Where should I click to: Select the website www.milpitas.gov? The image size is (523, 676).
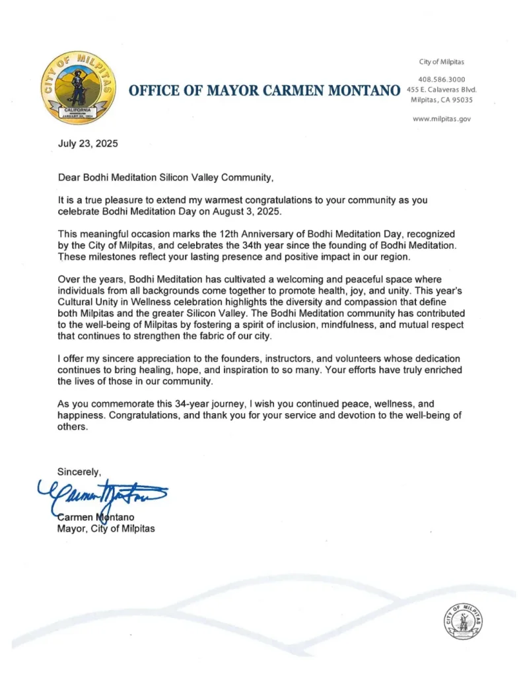coord(441,119)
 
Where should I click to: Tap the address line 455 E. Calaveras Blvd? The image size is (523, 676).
coord(441,90)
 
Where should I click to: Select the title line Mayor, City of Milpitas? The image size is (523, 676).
coord(106,528)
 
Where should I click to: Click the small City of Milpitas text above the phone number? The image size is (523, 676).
coord(442,62)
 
